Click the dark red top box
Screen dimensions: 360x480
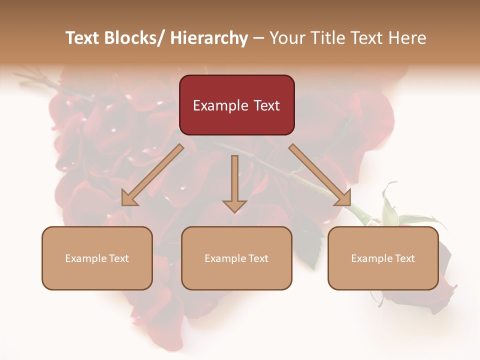click(x=236, y=105)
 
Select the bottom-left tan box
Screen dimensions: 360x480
click(x=97, y=258)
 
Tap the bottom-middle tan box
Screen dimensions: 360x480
click(x=236, y=258)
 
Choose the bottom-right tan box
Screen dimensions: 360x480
click(x=383, y=258)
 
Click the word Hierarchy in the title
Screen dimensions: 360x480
click(x=208, y=38)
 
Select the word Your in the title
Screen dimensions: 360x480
click(x=285, y=38)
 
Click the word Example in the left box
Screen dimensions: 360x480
click(x=85, y=258)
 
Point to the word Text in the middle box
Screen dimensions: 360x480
click(x=257, y=258)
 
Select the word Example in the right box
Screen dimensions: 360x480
click(x=371, y=258)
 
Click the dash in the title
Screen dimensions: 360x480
click(x=258, y=38)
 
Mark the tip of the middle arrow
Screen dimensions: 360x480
click(x=234, y=212)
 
